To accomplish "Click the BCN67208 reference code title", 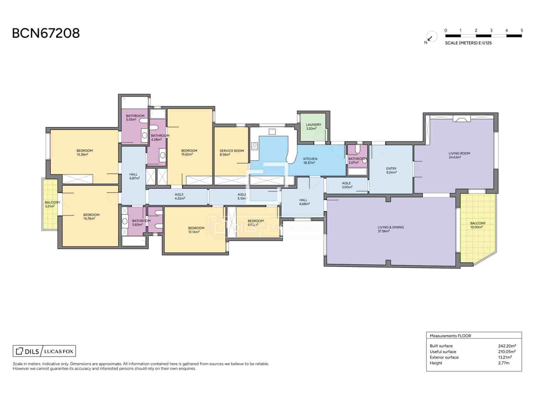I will coord(46,33).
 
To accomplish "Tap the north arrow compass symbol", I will coord(431,38).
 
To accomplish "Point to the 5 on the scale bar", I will coord(522,30).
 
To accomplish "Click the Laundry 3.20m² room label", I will coord(313,126).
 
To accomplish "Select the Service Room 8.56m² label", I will coord(232,153).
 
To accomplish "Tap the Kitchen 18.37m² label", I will coord(310,161).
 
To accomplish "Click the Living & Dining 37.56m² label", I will coord(390,229).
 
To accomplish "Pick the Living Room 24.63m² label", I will coord(459,155).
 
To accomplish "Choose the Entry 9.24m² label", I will coord(391,170).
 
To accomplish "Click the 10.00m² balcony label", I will coord(478,225).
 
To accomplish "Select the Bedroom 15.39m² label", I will coord(84,152).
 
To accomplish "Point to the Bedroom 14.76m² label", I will coord(91,217).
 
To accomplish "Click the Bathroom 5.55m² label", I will coord(135,117).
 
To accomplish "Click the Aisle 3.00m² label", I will coord(346,185).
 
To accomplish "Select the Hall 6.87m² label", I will coord(133,176).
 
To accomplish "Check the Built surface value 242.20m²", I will coord(507,346).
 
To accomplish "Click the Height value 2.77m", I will coord(504,363).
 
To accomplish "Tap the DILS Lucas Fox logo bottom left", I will coord(44,351).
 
